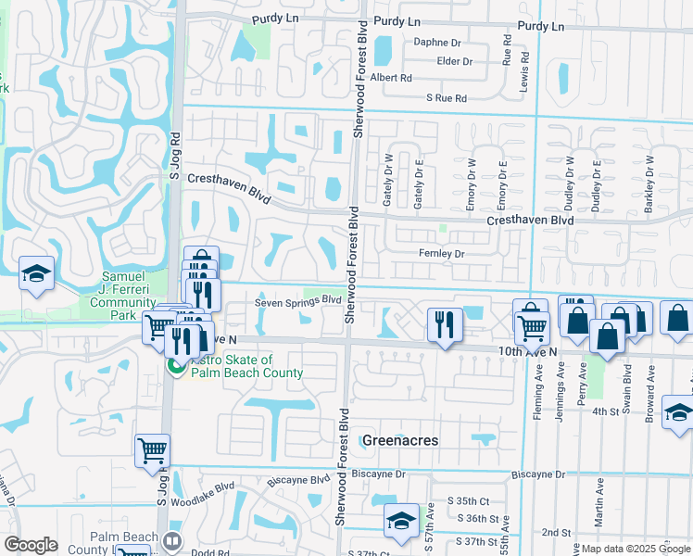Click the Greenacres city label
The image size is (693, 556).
click(399, 440)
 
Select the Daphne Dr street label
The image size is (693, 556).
click(437, 43)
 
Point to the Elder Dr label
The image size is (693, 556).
click(455, 62)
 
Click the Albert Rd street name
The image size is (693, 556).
click(391, 79)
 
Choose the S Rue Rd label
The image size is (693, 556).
click(447, 97)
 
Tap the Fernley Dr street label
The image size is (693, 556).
click(440, 253)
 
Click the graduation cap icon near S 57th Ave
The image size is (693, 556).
click(401, 521)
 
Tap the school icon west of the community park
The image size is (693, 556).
click(36, 273)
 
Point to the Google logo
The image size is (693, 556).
click(31, 545)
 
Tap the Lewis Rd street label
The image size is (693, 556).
click(525, 69)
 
